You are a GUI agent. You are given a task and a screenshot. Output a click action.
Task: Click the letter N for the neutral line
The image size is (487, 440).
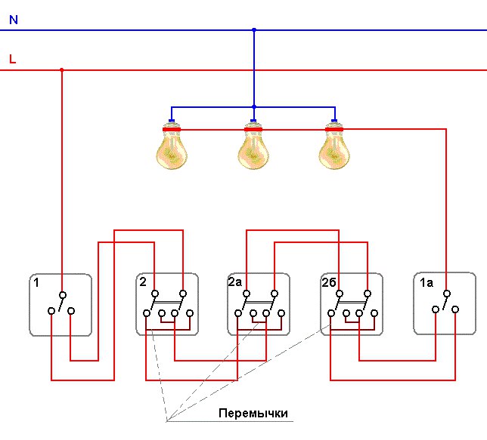click(14, 20)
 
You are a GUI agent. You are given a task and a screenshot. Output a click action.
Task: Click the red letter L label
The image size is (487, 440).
click(12, 59)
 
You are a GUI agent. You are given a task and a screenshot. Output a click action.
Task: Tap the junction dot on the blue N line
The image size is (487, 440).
click(254, 30)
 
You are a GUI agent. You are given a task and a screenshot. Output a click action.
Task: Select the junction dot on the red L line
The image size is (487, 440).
click(62, 70)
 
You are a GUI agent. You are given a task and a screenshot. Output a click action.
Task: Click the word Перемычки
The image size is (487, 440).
click(253, 414)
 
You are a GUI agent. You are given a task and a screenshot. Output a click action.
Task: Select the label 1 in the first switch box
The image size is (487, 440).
click(36, 283)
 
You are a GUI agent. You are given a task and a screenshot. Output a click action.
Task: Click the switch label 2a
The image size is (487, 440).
click(234, 282)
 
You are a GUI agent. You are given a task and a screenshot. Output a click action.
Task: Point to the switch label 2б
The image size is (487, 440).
click(329, 282)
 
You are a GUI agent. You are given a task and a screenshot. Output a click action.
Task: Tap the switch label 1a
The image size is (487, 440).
click(427, 282)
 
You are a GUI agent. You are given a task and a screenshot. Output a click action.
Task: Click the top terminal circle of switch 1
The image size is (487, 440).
click(63, 294)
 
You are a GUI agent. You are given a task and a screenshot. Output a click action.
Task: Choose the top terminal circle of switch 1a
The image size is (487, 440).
click(447, 294)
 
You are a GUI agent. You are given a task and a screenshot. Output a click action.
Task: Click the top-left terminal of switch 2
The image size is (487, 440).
click(155, 294)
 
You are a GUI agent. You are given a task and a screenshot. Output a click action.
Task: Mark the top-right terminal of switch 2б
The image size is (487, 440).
click(368, 294)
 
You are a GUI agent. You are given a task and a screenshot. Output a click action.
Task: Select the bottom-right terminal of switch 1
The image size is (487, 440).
click(71, 311)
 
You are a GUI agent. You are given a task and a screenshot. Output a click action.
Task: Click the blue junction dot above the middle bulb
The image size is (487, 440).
click(254, 107)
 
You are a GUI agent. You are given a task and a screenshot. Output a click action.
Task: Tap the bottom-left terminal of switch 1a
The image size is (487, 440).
click(436, 309)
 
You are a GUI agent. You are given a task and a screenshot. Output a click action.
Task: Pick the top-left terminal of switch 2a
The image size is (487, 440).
click(247, 294)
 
